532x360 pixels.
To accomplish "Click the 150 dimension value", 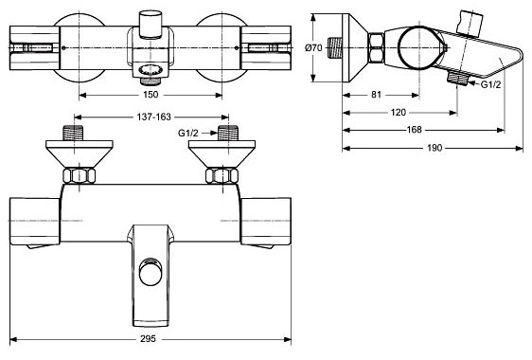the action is click(x=151, y=95).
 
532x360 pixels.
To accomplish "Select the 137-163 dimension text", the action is click(x=153, y=117).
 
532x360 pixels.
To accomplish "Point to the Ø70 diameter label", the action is click(x=313, y=48).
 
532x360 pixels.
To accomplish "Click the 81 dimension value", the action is click(x=376, y=95).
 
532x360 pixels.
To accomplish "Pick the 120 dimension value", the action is click(x=399, y=113).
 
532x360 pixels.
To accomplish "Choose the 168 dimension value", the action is click(x=415, y=130).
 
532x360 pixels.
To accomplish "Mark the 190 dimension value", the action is click(x=434, y=148).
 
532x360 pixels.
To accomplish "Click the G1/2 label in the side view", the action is click(x=490, y=84).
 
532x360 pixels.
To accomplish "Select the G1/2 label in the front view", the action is click(x=188, y=134).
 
